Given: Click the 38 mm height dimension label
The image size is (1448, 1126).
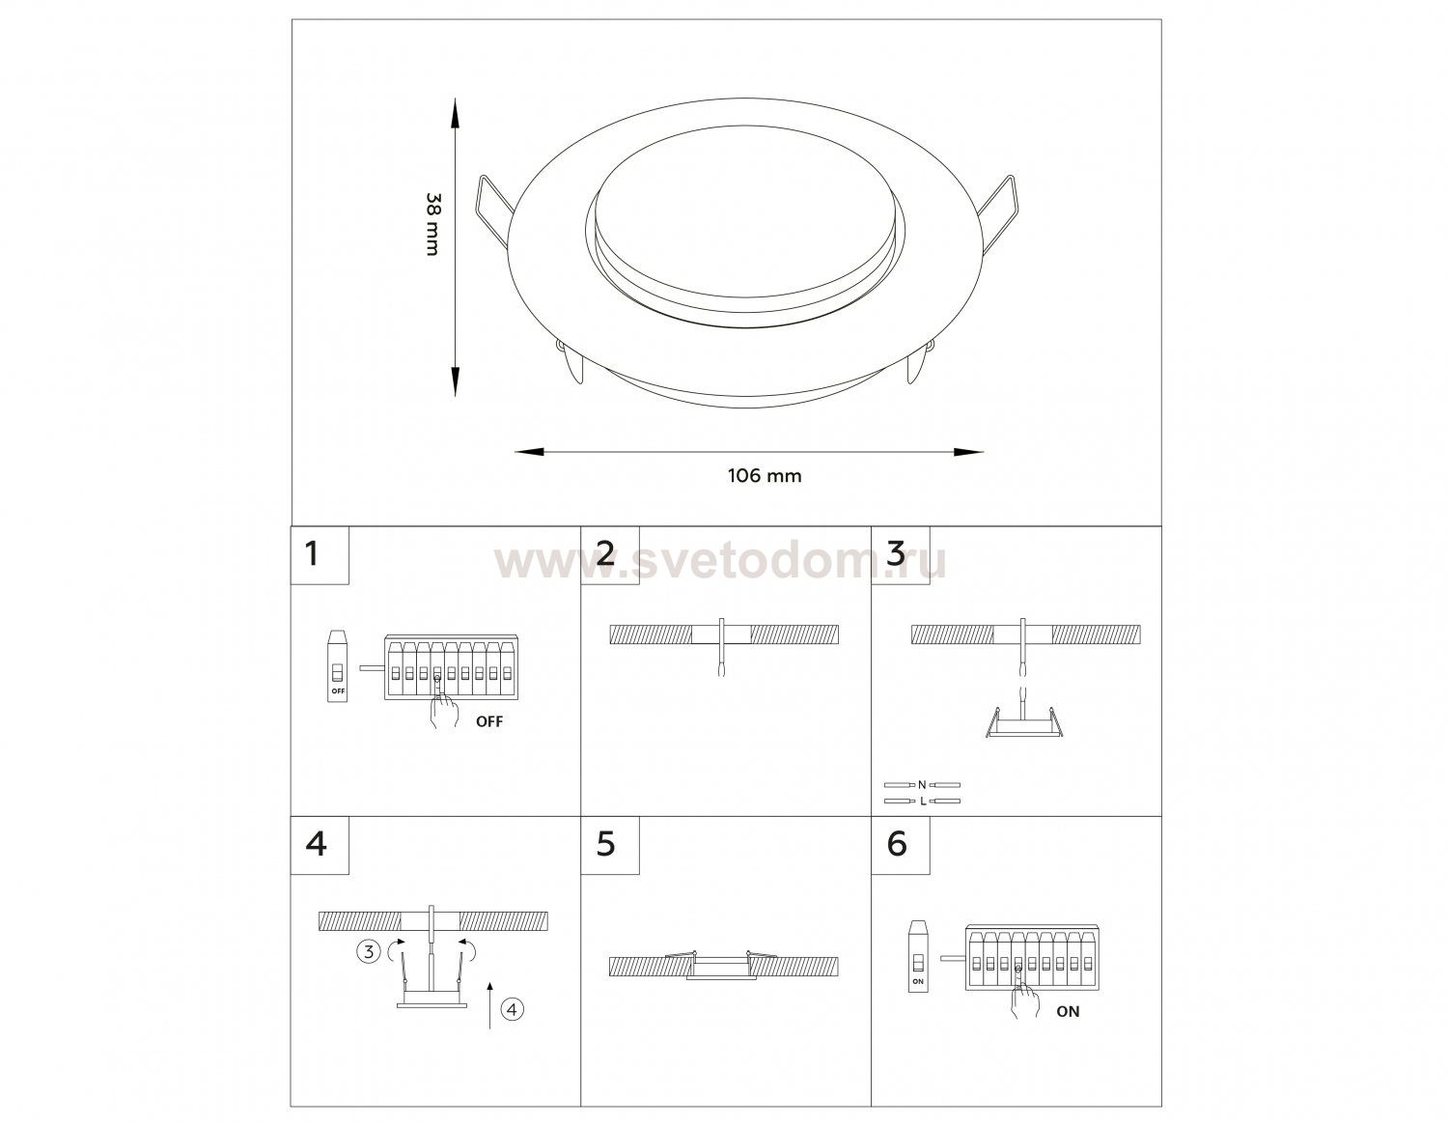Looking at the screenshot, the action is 433,225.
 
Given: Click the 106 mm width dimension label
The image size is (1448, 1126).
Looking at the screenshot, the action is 765,476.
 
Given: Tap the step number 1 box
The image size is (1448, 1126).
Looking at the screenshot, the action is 320,555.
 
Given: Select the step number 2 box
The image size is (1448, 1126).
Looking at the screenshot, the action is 610,555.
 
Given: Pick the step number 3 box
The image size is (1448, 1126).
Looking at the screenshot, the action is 901,555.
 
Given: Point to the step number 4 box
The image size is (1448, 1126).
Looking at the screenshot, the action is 320,845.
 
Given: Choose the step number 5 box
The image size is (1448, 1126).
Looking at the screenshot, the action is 610,845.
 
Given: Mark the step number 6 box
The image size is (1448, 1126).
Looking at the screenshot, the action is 901,845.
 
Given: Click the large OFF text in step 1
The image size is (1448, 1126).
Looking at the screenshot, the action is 489,721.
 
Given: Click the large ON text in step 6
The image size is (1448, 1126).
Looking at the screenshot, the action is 1068,1011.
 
